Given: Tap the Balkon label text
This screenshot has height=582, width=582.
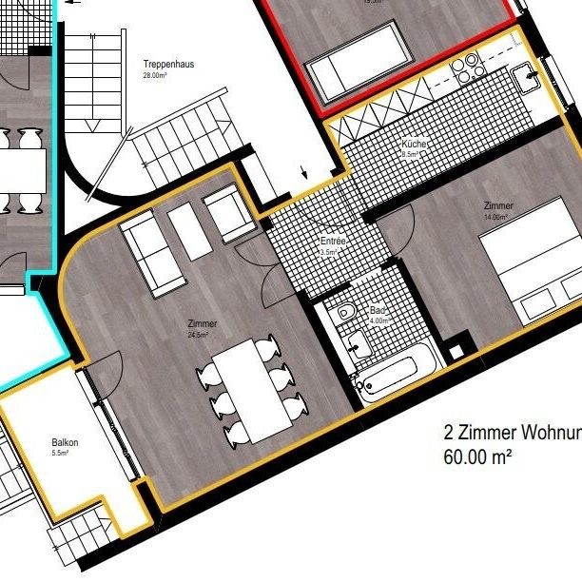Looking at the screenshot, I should pos(66,443).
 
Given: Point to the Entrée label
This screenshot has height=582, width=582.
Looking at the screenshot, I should pos(333,242).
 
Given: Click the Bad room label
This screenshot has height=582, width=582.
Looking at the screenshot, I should pos(378,311).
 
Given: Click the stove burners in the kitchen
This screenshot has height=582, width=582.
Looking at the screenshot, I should pos(468,66).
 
